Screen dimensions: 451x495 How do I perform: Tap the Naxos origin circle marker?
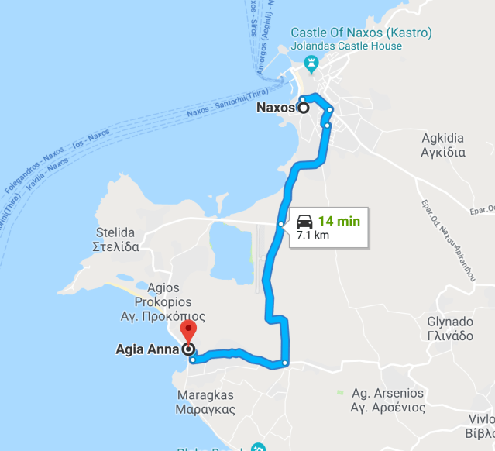click(303, 108)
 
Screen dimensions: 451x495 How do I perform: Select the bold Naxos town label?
click(275, 108)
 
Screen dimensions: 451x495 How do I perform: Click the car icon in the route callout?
click(304, 221)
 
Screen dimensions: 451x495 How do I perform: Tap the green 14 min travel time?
click(339, 221)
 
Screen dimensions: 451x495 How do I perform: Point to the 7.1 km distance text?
click(312, 234)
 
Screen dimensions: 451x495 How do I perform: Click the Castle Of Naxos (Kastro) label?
click(361, 33)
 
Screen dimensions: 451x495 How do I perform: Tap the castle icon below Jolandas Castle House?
click(312, 62)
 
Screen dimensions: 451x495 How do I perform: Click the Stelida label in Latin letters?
click(115, 232)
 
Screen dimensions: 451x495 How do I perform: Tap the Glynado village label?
click(450, 321)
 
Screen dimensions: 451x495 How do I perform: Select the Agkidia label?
click(443, 138)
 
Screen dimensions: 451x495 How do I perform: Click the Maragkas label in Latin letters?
click(205, 394)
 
